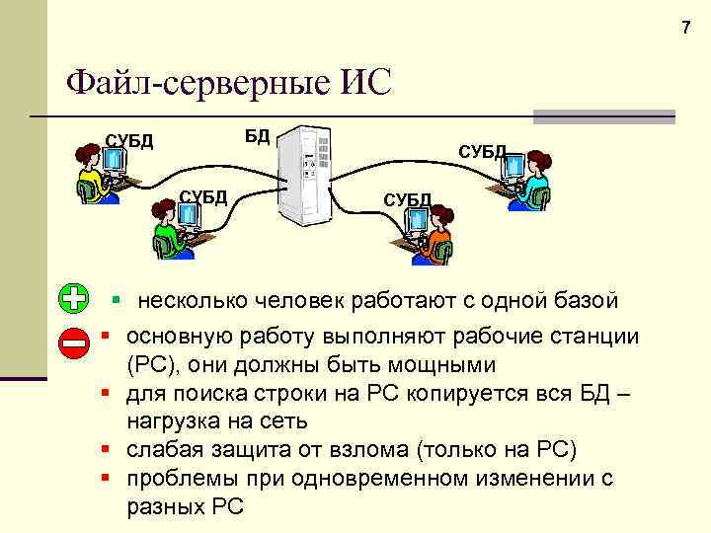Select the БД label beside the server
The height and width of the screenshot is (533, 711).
[258, 135]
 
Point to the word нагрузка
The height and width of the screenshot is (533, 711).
[174, 421]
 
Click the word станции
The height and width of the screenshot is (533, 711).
[597, 337]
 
